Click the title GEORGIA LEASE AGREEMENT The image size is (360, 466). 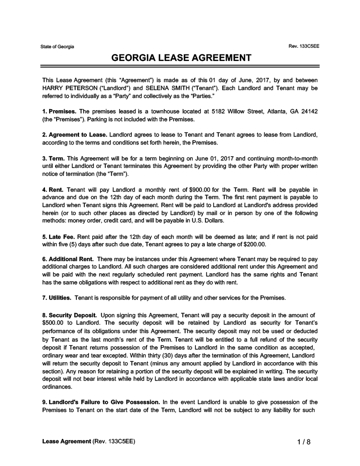click(181, 58)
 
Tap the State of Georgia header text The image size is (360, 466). click(57, 47)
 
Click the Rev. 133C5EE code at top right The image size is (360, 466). click(303, 47)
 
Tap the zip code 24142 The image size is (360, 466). click(308, 111)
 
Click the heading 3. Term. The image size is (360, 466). click(53, 159)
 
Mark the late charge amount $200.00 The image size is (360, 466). click(253, 244)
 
